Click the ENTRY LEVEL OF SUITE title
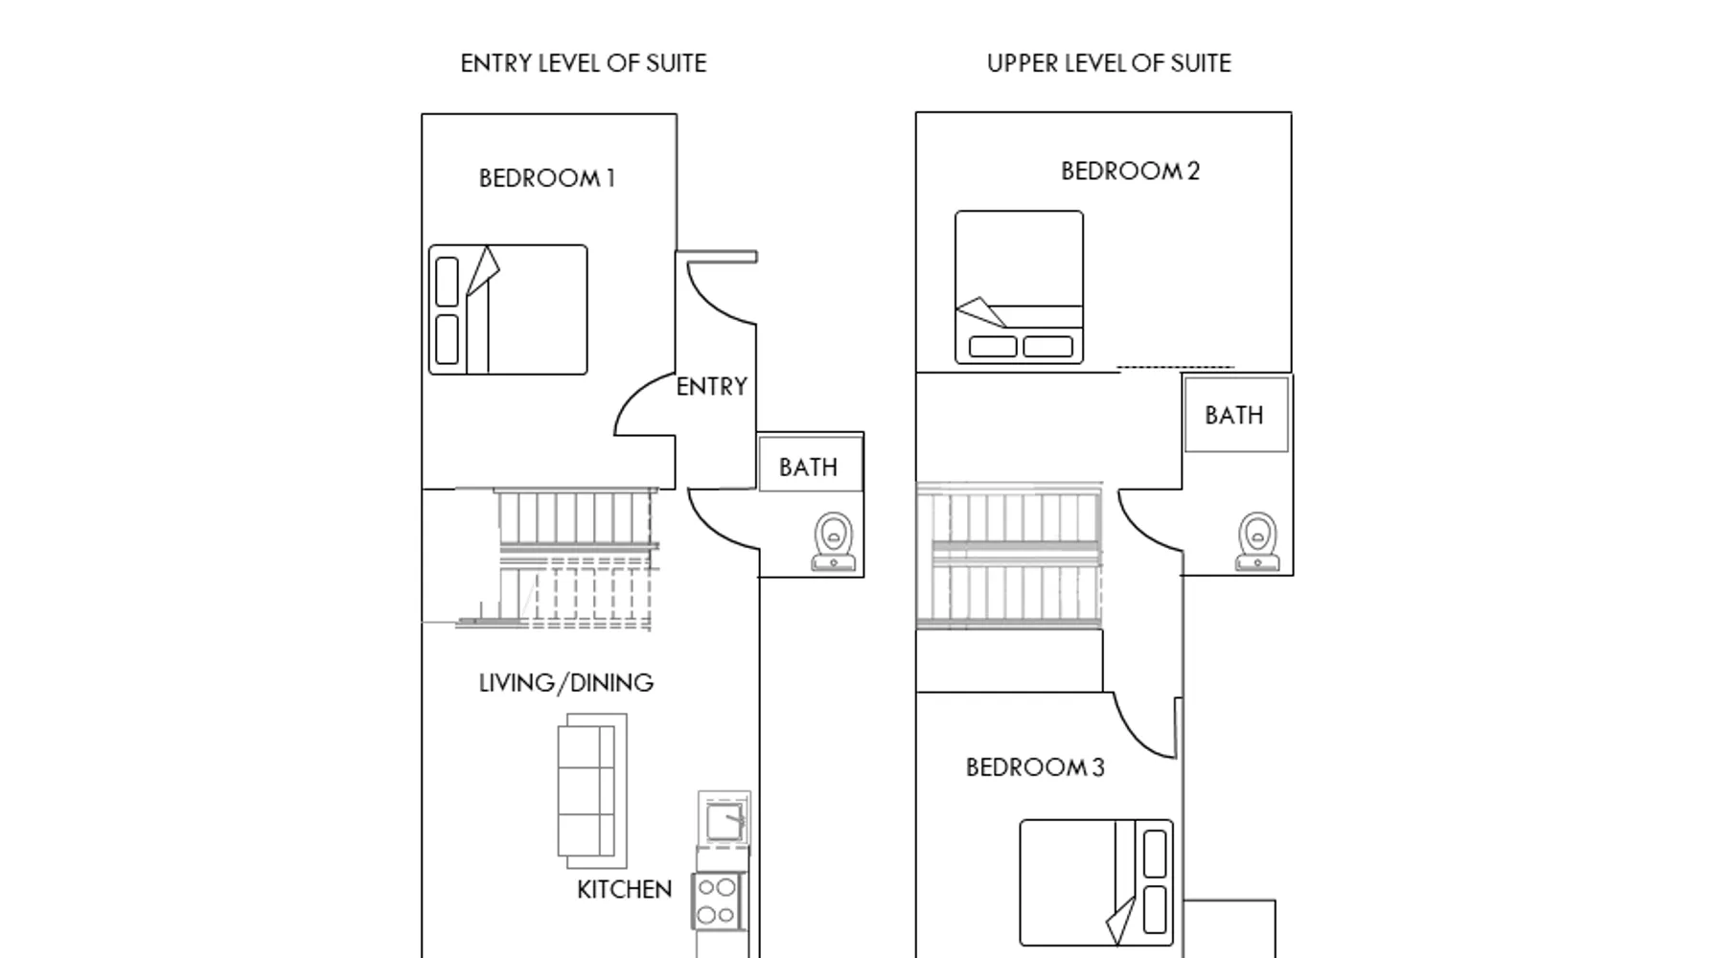[x=583, y=63]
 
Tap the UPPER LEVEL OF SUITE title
[x=1109, y=63]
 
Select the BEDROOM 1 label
[x=546, y=178]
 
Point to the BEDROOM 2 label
[x=1130, y=171]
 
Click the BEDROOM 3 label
[x=1035, y=767]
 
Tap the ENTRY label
[x=712, y=387]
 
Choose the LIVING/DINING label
[x=566, y=683]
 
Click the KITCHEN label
[x=624, y=890]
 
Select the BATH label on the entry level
[x=808, y=468]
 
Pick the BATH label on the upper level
[x=1234, y=416]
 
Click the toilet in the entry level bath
[x=833, y=541]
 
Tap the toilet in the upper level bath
[x=1257, y=541]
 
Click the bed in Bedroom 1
[x=508, y=309]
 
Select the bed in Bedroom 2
[x=1020, y=287]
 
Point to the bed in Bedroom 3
[x=1096, y=882]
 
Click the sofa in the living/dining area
[x=592, y=790]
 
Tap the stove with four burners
[x=717, y=901]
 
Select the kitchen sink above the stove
[x=724, y=820]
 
